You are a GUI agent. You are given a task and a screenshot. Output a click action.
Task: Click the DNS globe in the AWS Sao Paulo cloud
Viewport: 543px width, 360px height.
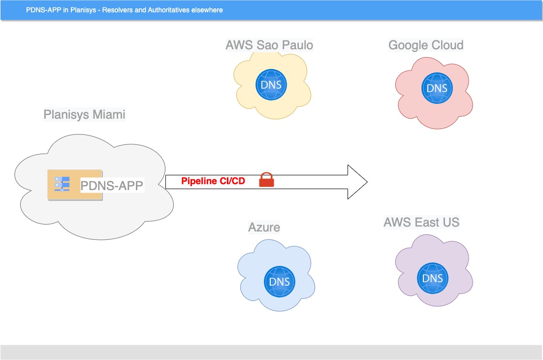tap(271, 84)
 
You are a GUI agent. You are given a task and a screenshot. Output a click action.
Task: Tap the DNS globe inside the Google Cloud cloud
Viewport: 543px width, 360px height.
tap(437, 88)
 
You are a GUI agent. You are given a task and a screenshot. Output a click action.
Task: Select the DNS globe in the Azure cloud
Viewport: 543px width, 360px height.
tap(279, 282)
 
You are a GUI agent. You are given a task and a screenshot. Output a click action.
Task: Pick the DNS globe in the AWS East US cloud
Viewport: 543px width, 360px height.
tap(433, 278)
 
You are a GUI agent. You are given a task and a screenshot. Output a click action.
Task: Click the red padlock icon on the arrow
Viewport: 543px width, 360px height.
tap(266, 180)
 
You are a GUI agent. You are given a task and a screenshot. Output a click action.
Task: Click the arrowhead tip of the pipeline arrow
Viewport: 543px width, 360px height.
tap(366, 182)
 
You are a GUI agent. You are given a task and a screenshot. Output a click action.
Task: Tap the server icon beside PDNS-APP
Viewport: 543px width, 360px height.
tap(62, 184)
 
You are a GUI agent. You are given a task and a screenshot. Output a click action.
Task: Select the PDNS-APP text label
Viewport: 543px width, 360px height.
tap(112, 185)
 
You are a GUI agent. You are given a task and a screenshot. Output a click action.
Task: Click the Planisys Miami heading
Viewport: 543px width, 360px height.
tap(84, 115)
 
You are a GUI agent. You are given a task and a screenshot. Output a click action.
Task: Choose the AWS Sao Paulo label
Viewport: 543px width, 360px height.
tap(269, 45)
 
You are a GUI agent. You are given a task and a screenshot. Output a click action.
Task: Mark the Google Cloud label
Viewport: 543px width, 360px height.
tap(426, 45)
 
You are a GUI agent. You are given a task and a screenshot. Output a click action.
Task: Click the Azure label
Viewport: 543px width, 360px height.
tap(264, 227)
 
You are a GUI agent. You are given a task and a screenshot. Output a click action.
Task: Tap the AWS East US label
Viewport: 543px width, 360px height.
tap(421, 222)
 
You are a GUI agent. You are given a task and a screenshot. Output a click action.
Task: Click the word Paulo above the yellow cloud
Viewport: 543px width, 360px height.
tap(297, 45)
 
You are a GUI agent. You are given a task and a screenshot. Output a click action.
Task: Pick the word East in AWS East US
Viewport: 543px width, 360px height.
tap(426, 222)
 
